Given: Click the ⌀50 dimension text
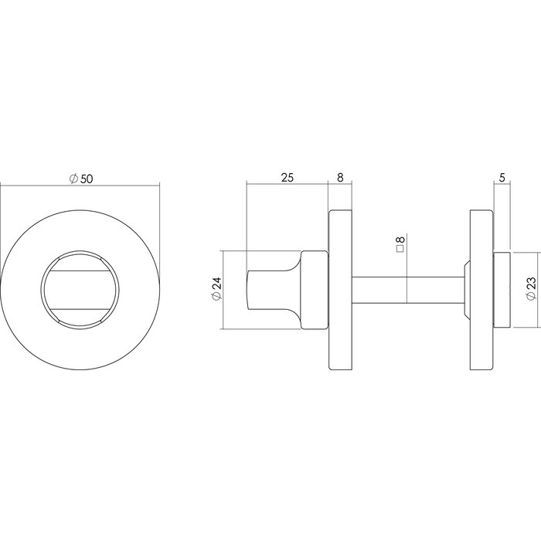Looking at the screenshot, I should coord(81,179).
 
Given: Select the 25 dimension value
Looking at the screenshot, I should coord(287,178).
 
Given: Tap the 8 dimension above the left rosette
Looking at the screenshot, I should coord(341,178).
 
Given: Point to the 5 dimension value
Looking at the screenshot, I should coord(502,178).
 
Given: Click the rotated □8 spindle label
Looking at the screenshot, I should coord(400,245).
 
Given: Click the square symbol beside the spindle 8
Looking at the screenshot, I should coord(400,250).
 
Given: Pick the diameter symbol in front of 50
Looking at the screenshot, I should coord(73,179).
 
